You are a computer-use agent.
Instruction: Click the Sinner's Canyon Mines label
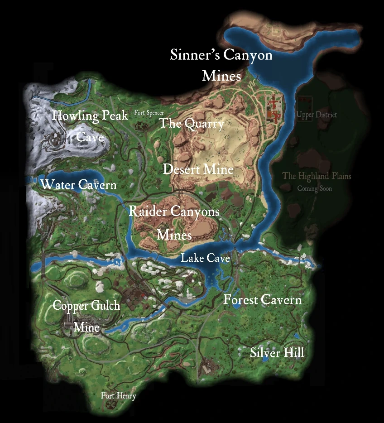click(x=221, y=65)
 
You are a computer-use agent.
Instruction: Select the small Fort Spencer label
click(x=149, y=113)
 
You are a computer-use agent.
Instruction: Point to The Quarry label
click(x=192, y=124)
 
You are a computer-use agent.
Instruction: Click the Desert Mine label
click(x=198, y=169)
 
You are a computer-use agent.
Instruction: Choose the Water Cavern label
click(x=78, y=185)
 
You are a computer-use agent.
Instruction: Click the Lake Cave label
click(x=205, y=258)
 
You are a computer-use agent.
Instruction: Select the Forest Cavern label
click(x=262, y=300)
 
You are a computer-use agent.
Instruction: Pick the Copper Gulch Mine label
click(x=86, y=316)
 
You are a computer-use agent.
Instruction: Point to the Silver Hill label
click(x=277, y=353)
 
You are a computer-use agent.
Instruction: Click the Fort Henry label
click(x=118, y=396)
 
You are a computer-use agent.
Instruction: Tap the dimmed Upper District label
click(x=317, y=115)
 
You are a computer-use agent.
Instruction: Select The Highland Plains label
click(x=317, y=176)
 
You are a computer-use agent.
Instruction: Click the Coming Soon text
click(x=314, y=188)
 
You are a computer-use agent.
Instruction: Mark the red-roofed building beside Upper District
click(x=274, y=109)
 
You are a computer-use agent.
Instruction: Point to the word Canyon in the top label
click(x=247, y=55)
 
